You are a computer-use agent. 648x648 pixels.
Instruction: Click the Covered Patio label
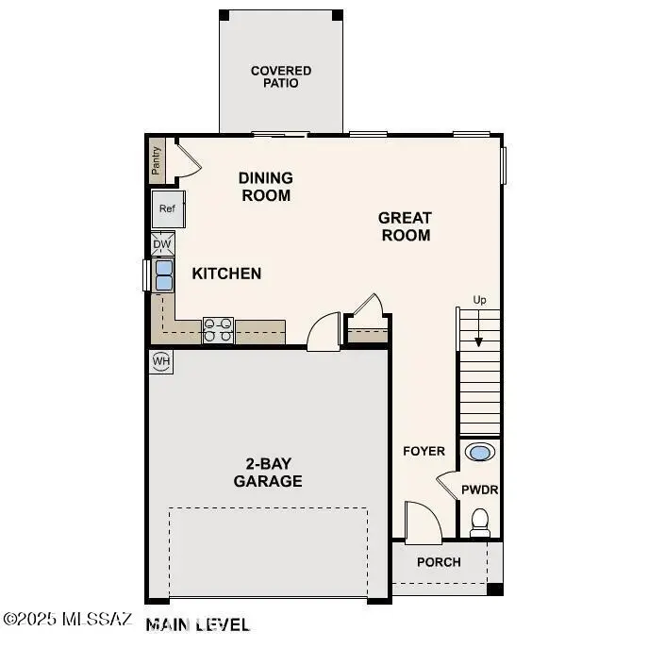pos(280,77)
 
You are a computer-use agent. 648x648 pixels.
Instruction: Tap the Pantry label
pos(158,159)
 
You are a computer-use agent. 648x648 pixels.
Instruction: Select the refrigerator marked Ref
pos(168,209)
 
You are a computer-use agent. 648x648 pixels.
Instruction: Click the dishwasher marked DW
pos(162,244)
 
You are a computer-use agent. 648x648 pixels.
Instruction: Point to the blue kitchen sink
pos(163,274)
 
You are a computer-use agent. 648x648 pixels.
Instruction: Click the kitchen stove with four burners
pos(218,330)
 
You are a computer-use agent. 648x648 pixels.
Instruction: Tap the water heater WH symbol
pos(161,361)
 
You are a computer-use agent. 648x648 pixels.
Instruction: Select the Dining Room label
pos(265,187)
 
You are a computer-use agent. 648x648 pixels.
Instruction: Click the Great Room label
pos(405,226)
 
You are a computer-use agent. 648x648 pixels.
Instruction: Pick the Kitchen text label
pos(226,274)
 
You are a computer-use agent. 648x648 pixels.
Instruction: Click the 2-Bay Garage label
pos(268,472)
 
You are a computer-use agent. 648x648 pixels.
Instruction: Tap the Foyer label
pos(424,451)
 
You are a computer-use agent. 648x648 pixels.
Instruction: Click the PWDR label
pos(479,490)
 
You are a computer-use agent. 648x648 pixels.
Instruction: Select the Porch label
pos(439,562)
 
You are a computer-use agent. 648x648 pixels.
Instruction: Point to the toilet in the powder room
pos(480,522)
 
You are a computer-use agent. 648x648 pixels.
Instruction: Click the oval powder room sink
pos(480,453)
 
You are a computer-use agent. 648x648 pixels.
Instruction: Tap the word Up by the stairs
pos(479,300)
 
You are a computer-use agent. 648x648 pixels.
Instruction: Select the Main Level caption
pos(198,624)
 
